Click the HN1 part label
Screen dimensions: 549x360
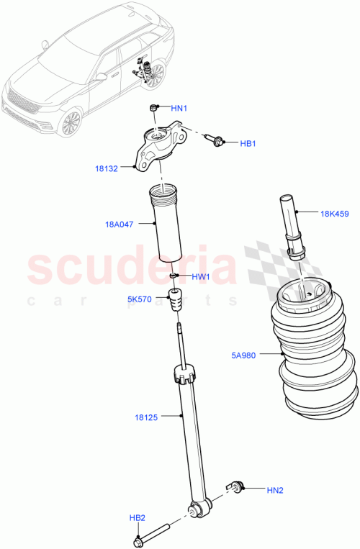[x=179, y=108]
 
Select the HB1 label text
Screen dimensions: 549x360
[x=248, y=144]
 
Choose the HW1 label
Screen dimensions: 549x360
[x=201, y=276]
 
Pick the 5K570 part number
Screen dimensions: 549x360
[x=139, y=299]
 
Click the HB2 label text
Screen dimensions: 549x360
[x=137, y=518]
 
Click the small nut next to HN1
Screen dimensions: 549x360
[x=153, y=108]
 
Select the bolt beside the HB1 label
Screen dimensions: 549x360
[x=214, y=140]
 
